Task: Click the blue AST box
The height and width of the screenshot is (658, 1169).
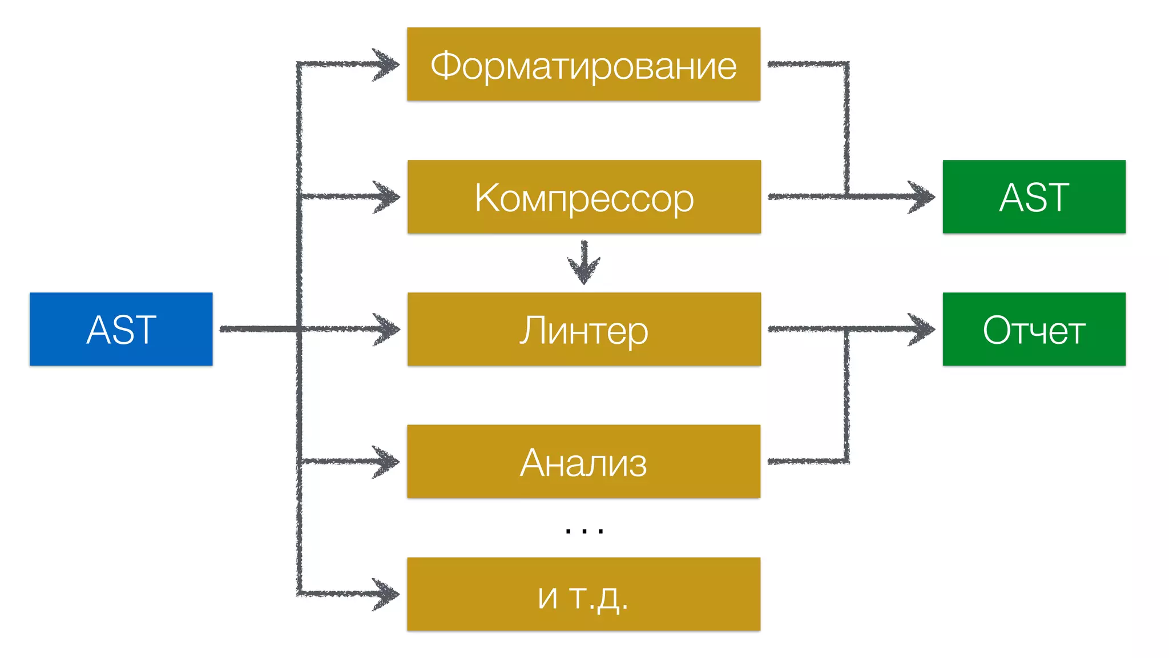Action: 121,329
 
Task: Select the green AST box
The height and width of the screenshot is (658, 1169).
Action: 1034,196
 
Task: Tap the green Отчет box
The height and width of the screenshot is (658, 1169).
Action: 1034,329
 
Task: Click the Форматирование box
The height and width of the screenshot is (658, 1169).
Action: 583,65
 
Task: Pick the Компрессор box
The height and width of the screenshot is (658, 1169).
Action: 584,196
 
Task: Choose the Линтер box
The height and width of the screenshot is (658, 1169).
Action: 584,329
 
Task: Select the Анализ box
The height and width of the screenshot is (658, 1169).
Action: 583,462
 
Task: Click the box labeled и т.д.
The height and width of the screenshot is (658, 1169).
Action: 583,594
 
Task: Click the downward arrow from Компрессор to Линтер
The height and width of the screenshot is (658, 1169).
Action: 584,263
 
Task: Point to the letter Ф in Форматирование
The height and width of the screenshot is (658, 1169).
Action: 445,66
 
